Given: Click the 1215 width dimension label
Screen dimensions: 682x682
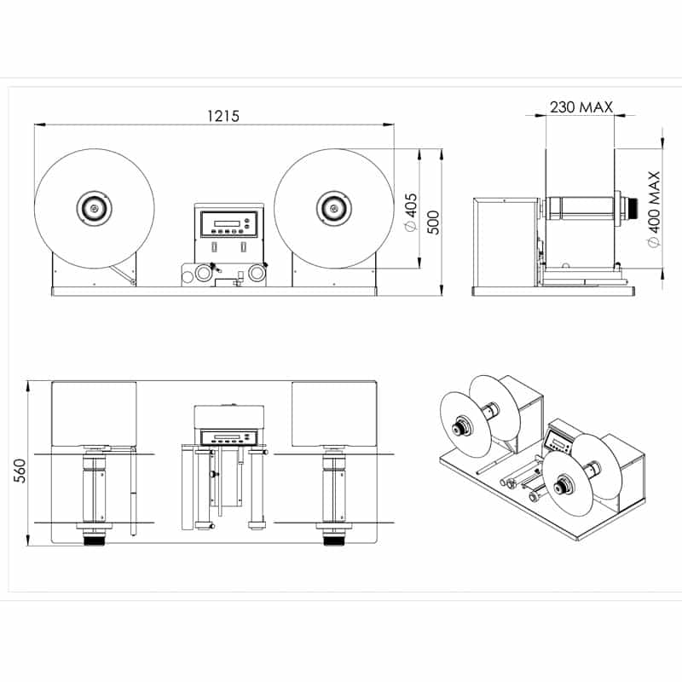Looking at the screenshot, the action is pos(223,116).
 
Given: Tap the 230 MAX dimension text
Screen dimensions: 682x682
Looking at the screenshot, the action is pos(581,107).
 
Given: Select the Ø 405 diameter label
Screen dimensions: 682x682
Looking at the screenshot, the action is pos(411,212).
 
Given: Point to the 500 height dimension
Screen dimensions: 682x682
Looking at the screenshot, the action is pos(433,223).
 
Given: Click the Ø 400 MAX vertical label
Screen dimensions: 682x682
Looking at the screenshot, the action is pos(654,209).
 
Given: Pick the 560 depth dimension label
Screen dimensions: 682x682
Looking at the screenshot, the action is pos(20,471).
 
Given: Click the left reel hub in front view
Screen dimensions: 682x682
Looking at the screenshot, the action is pos(94,208).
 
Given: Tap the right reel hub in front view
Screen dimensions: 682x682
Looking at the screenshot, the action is pos(333,209).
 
